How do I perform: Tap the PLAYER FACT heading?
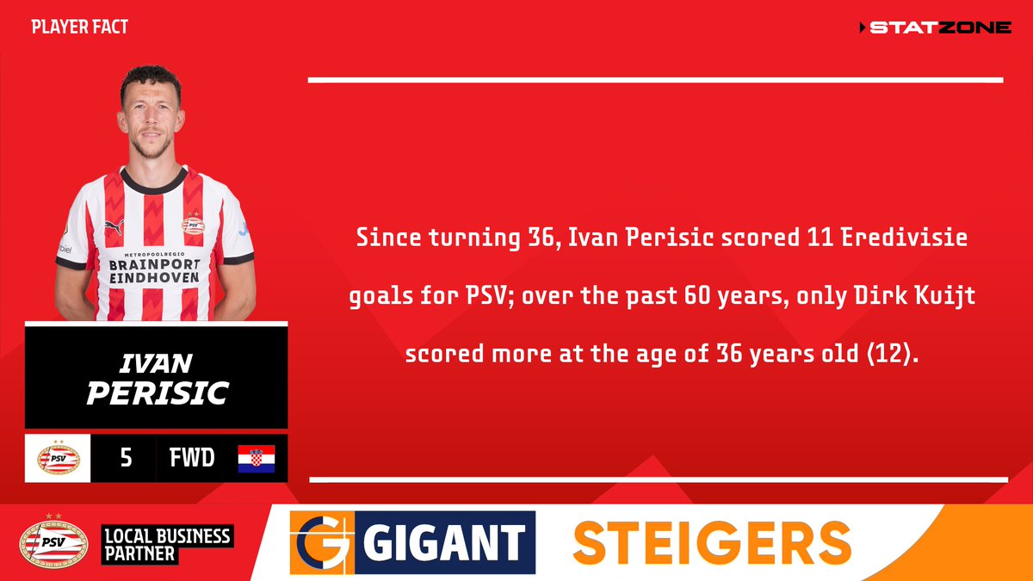tap(79, 27)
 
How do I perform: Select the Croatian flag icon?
tap(256, 459)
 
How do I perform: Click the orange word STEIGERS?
tap(711, 543)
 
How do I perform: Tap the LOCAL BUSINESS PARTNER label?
tap(167, 545)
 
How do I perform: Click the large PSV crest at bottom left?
tap(53, 542)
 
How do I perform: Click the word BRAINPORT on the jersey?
tap(154, 266)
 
